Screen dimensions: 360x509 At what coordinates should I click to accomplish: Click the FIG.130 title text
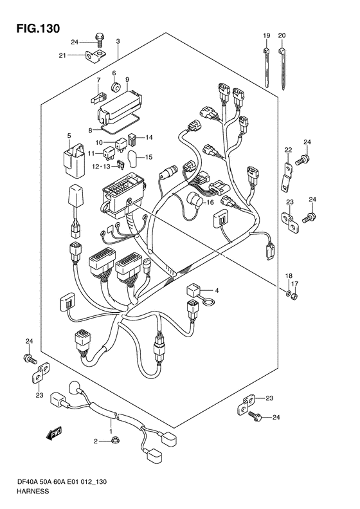(38, 28)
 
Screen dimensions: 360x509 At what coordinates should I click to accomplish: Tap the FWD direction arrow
(54, 433)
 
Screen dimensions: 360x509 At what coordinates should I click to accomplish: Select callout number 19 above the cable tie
(266, 35)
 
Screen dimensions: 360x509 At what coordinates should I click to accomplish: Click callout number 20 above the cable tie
(282, 35)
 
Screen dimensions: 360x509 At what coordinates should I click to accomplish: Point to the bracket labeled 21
(97, 57)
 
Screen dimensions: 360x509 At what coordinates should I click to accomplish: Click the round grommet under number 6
(116, 87)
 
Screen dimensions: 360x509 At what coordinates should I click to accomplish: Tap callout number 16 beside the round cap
(210, 202)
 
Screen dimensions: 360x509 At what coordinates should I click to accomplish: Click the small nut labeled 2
(114, 441)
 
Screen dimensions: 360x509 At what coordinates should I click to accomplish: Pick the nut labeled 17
(294, 296)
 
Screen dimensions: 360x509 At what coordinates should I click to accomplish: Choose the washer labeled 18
(288, 294)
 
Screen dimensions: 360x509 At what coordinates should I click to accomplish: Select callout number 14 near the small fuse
(148, 137)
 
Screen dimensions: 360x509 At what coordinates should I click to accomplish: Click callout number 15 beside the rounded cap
(148, 157)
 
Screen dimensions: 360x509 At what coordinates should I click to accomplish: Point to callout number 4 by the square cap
(217, 290)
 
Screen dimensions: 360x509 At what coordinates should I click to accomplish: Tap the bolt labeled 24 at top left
(99, 40)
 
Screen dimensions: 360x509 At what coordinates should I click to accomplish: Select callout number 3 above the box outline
(118, 41)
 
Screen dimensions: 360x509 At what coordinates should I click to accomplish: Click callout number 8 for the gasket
(91, 130)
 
